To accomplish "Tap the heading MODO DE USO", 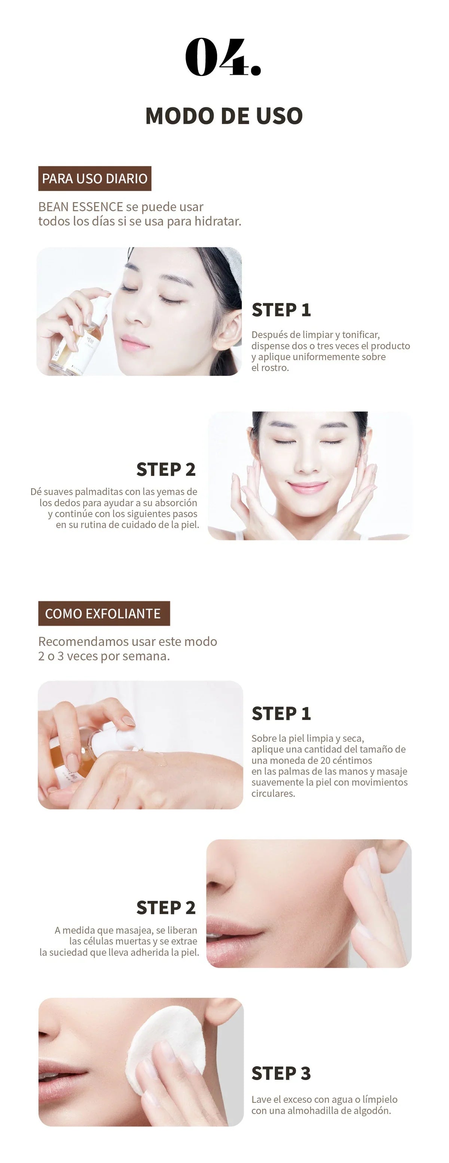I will tap(224, 116).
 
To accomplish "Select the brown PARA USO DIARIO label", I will tap(94, 178).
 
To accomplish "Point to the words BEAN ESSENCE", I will tap(80, 207).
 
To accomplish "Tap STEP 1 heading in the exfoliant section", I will tap(281, 713).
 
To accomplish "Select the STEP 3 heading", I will tap(281, 1073).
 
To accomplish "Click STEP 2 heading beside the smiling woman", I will tap(166, 470).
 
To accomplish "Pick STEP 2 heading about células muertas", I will tap(166, 907).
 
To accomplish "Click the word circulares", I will tap(273, 793).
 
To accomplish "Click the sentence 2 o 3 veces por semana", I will tap(104, 656).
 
